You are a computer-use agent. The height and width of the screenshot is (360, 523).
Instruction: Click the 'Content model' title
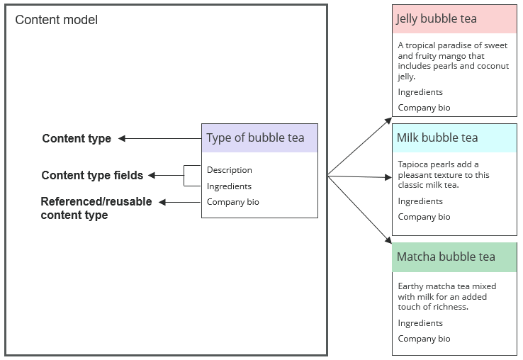(x=57, y=20)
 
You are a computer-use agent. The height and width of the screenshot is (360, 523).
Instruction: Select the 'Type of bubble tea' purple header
(x=259, y=138)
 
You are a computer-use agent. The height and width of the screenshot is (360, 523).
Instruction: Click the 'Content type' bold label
(x=77, y=138)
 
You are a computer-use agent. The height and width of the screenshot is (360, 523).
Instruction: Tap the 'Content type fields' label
(x=92, y=175)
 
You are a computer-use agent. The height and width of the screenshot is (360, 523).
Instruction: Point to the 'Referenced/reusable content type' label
(x=96, y=208)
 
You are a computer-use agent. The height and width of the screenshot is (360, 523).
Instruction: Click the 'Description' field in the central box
(x=229, y=170)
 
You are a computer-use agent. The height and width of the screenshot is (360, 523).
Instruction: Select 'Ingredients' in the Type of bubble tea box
(x=229, y=186)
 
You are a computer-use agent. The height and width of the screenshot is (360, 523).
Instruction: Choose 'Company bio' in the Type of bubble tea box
(x=232, y=202)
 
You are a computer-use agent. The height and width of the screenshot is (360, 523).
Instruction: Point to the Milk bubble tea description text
(x=443, y=175)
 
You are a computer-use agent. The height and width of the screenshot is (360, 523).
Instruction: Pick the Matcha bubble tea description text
(x=446, y=296)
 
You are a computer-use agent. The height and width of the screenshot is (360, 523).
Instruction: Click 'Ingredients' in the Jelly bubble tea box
(x=420, y=92)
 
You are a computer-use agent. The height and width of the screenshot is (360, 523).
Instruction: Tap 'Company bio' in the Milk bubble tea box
(x=424, y=217)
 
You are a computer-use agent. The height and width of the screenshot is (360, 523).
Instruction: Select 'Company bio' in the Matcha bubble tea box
(x=424, y=339)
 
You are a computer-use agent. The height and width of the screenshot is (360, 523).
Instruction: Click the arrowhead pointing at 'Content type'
(x=122, y=139)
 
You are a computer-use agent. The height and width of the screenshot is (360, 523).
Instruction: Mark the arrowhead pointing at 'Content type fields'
(x=152, y=175)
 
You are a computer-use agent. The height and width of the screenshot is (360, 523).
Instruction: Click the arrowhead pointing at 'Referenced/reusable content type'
(x=162, y=203)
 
